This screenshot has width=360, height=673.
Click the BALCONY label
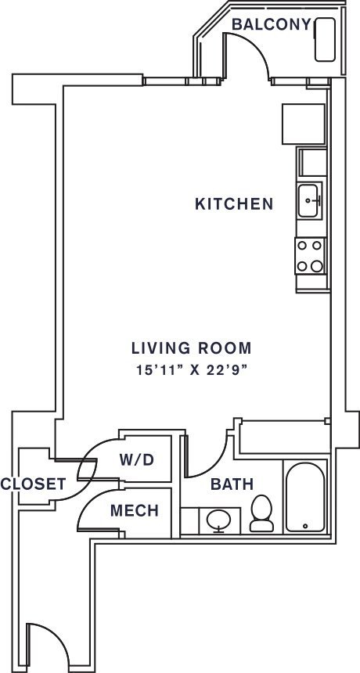pos(270,24)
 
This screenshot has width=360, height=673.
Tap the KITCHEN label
pos(234,204)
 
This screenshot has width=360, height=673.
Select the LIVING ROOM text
pos(192,348)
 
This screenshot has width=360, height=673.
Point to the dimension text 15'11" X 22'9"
pos(192,370)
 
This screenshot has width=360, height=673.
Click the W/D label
pos(136,460)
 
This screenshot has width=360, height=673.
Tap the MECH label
pos(135,510)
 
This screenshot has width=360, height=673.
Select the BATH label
pos(232,484)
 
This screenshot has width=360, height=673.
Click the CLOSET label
pos(33,484)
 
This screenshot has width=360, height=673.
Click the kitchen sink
pos(308,200)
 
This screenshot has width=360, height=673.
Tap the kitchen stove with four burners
pos(310,256)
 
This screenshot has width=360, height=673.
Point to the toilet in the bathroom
pos(261,513)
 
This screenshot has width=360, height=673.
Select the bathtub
pos(305,497)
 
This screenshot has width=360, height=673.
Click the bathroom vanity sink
pos(219,520)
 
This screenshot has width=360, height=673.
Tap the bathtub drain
pos(305,526)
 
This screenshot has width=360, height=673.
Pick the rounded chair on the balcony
pos(325,39)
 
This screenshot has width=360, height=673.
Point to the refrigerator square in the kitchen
pos(304,124)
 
